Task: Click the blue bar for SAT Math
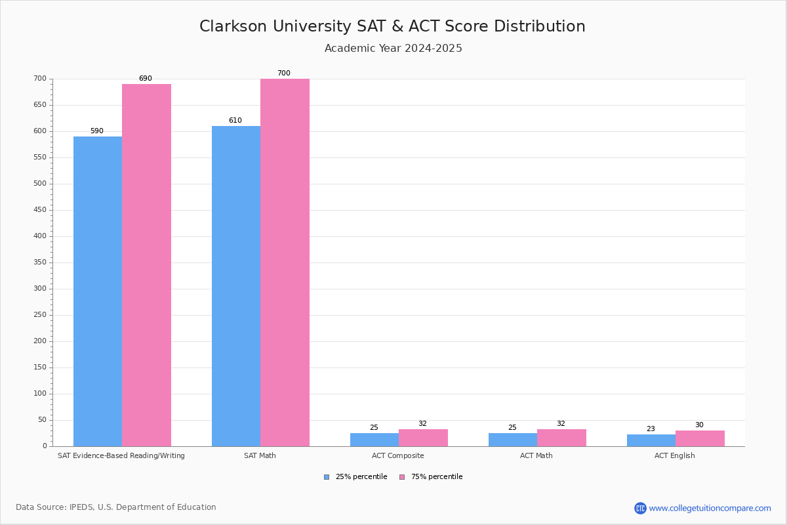(x=236, y=286)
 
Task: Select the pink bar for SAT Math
(x=285, y=262)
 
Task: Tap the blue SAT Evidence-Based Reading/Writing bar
(x=98, y=291)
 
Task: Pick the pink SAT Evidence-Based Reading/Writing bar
(x=146, y=265)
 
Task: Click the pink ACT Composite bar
(x=423, y=438)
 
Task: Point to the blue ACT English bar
(x=651, y=440)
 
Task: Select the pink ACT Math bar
(x=561, y=438)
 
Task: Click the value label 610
(x=235, y=121)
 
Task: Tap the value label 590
(x=97, y=131)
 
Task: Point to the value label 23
(x=651, y=429)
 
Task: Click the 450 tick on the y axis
(x=40, y=210)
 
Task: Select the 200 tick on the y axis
(x=40, y=341)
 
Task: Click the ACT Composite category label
(x=397, y=455)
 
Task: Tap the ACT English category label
(x=674, y=455)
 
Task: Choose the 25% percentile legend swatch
(x=327, y=477)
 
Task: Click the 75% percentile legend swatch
(x=402, y=477)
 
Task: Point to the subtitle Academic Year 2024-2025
(x=393, y=49)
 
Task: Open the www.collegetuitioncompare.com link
(x=710, y=508)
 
